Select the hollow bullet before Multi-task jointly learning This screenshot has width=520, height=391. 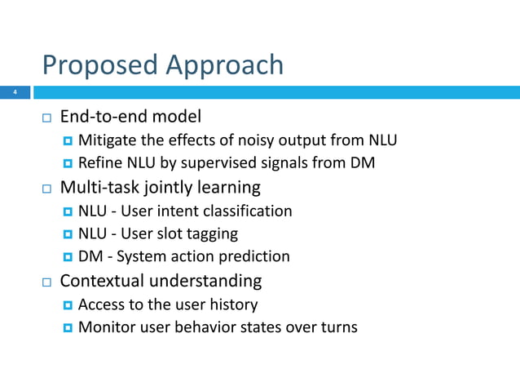coord(47,189)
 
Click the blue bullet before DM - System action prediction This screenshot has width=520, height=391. coord(68,257)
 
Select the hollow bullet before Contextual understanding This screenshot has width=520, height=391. coord(47,282)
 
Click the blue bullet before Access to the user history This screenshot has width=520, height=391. coord(68,305)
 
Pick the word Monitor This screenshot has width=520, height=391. coord(107,327)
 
